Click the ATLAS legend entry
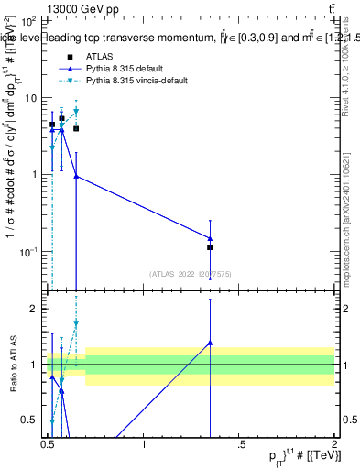(100, 57)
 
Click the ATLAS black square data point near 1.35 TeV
(211, 247)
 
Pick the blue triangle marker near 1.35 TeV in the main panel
(211, 238)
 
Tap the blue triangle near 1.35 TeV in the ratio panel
(211, 343)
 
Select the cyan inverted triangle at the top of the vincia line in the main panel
(76, 112)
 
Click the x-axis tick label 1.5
(239, 444)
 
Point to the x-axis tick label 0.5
(48, 444)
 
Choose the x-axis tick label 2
(334, 444)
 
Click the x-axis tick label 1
(144, 444)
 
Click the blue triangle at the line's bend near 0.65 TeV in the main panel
(76, 176)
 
